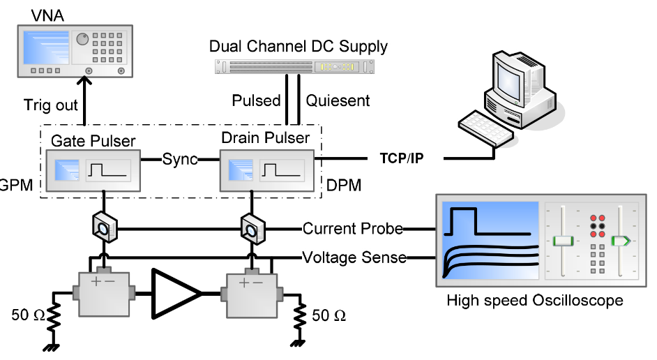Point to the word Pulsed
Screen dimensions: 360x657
click(x=256, y=101)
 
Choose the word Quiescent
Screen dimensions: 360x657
click(x=338, y=101)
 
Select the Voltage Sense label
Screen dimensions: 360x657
click(x=354, y=257)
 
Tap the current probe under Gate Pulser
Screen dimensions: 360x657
click(x=103, y=227)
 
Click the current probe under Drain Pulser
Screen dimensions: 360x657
click(x=250, y=227)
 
